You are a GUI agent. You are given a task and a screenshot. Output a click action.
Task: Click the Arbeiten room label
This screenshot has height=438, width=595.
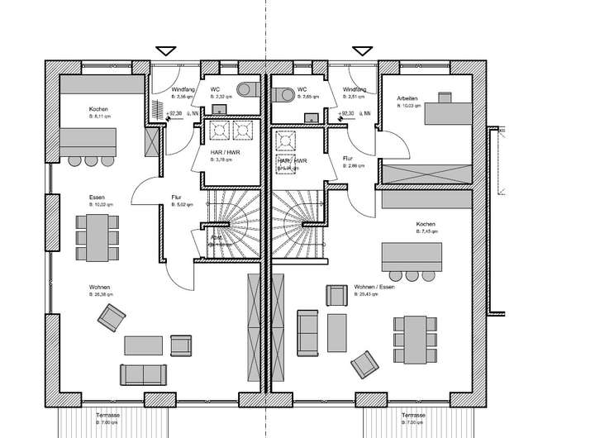[x=407, y=98]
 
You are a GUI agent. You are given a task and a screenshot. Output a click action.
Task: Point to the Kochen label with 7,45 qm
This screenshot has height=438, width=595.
[x=426, y=225]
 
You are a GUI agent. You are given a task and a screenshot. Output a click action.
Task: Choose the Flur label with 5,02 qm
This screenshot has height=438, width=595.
[x=176, y=198]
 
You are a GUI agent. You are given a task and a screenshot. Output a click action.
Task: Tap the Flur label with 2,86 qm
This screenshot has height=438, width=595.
[x=347, y=158]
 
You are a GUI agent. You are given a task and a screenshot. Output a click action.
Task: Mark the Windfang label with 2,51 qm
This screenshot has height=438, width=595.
[x=355, y=89]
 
